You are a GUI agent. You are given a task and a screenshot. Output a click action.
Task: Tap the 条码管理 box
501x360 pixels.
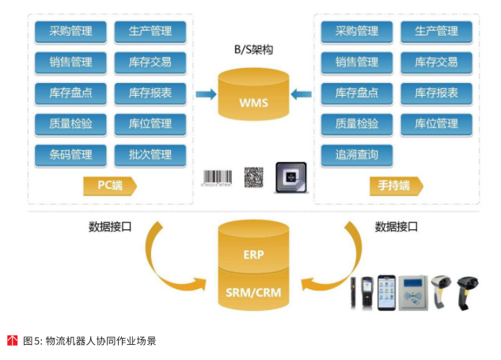(70, 153)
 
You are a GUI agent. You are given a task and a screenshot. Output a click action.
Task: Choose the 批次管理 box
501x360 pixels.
(150, 153)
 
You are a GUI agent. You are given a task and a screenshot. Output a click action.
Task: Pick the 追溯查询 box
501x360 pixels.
(357, 153)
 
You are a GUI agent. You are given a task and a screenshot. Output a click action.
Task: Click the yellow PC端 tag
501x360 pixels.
(109, 185)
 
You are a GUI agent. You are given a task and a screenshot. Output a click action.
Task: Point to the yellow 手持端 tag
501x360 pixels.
(395, 186)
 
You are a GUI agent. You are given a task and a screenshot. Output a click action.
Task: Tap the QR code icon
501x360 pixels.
(252, 177)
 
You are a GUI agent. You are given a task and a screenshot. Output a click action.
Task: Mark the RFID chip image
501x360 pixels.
(290, 178)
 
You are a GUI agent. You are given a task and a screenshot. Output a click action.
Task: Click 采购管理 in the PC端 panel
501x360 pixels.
(70, 32)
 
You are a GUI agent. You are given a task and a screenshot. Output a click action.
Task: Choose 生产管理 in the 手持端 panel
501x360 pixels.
(436, 32)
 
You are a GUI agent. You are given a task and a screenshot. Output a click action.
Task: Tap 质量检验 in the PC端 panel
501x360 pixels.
(70, 123)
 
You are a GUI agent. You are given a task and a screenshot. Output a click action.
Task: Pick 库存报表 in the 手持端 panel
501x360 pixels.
(436, 93)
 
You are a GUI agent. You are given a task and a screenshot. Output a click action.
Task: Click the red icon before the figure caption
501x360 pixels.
(12, 341)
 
